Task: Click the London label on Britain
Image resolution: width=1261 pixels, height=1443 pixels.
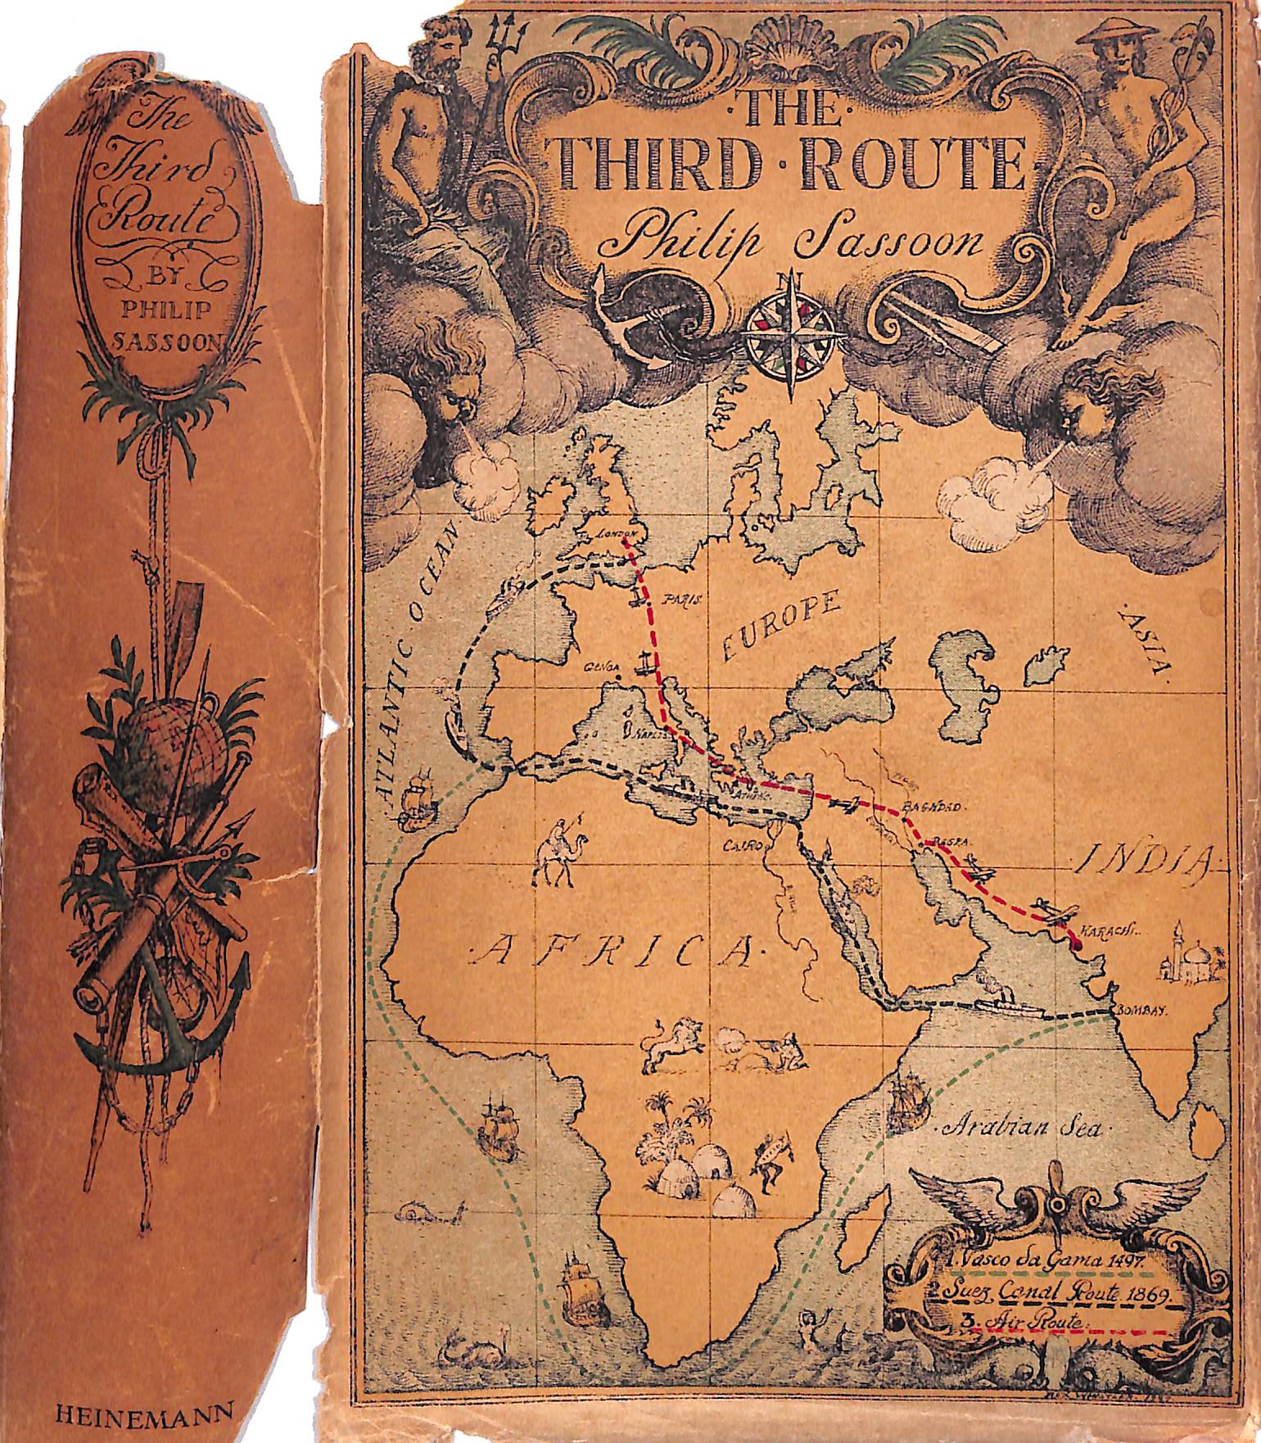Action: [614, 533]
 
